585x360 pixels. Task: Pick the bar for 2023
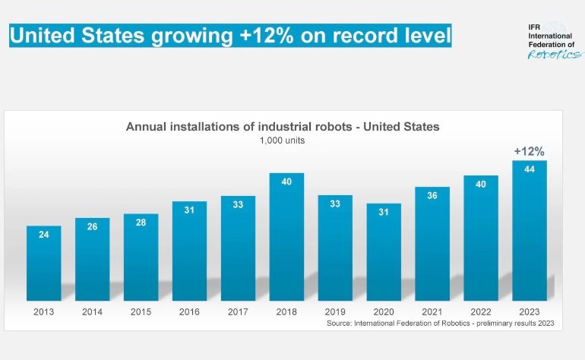pos(530,231)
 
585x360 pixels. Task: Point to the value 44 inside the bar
pos(530,169)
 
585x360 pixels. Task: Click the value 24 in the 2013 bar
pos(44,235)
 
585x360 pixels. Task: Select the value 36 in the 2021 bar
pos(432,195)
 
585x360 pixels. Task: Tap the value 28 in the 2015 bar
pos(141,222)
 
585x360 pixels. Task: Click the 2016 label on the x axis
pos(190,311)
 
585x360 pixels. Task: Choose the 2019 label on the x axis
pos(335,311)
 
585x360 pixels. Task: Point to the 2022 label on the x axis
pos(481,311)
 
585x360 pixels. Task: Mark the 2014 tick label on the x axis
pos(93,311)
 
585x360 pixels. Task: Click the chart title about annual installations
pos(283,127)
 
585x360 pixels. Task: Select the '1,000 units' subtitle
pos(283,140)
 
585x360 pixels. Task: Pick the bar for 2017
pos(238,248)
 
